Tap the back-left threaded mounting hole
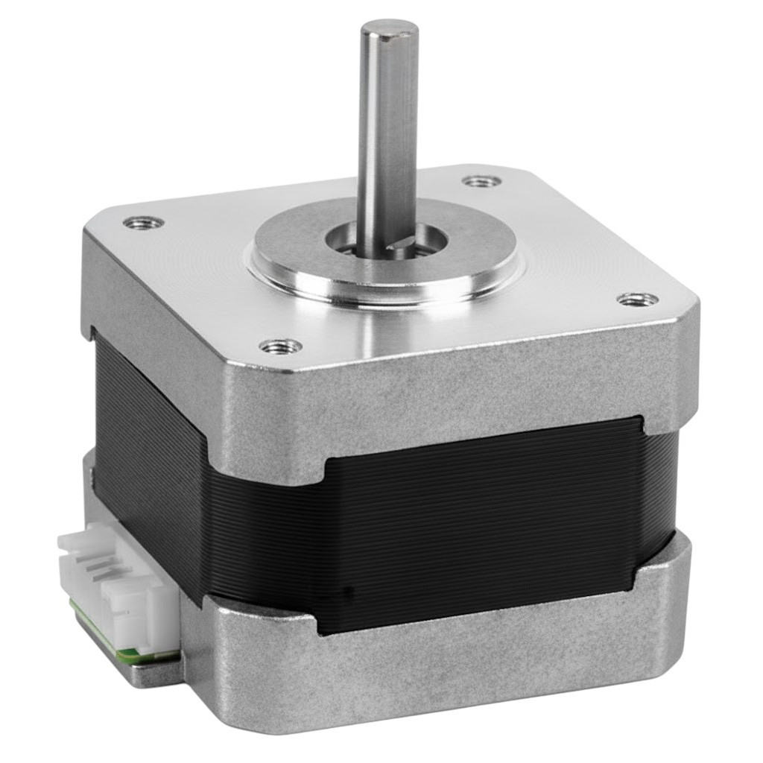[142, 222]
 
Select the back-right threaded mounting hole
[481, 181]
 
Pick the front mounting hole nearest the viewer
[281, 346]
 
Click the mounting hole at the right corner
[638, 300]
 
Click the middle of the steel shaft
[386, 134]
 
